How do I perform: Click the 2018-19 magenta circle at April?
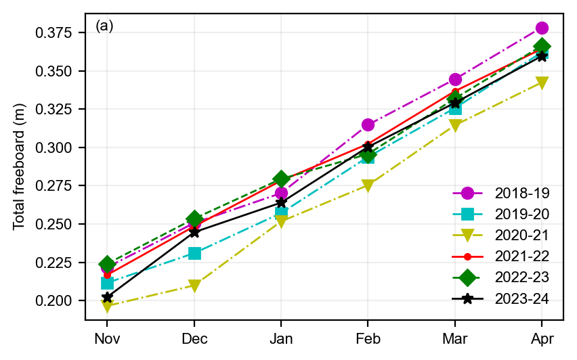pyautogui.click(x=542, y=28)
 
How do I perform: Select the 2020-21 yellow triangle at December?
pyautogui.click(x=194, y=286)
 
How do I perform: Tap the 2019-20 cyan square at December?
pyautogui.click(x=194, y=254)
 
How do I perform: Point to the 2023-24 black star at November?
pyautogui.click(x=107, y=297)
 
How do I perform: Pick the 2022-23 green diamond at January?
pyautogui.click(x=281, y=179)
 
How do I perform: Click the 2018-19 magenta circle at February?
pyautogui.click(x=368, y=125)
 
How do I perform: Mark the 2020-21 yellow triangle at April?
pyautogui.click(x=542, y=83)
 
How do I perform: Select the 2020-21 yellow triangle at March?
pyautogui.click(x=455, y=125)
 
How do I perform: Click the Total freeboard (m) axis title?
pyautogui.click(x=19, y=166)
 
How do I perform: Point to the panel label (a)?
pyautogui.click(x=104, y=26)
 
